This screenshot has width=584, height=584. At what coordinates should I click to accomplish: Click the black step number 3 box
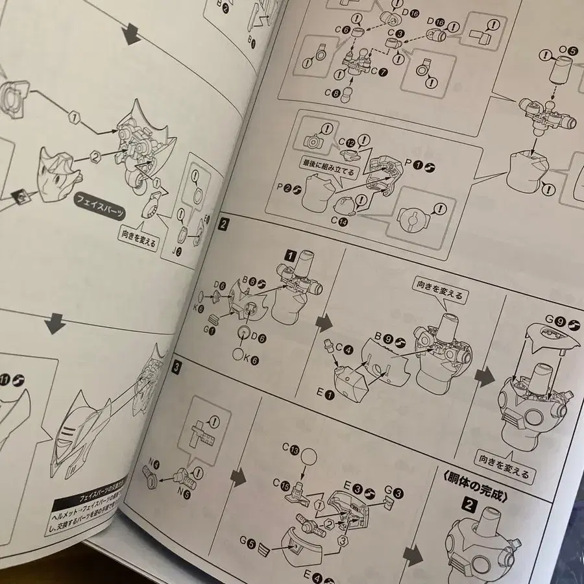177,366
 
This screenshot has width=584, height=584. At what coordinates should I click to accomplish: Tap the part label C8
337,93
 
